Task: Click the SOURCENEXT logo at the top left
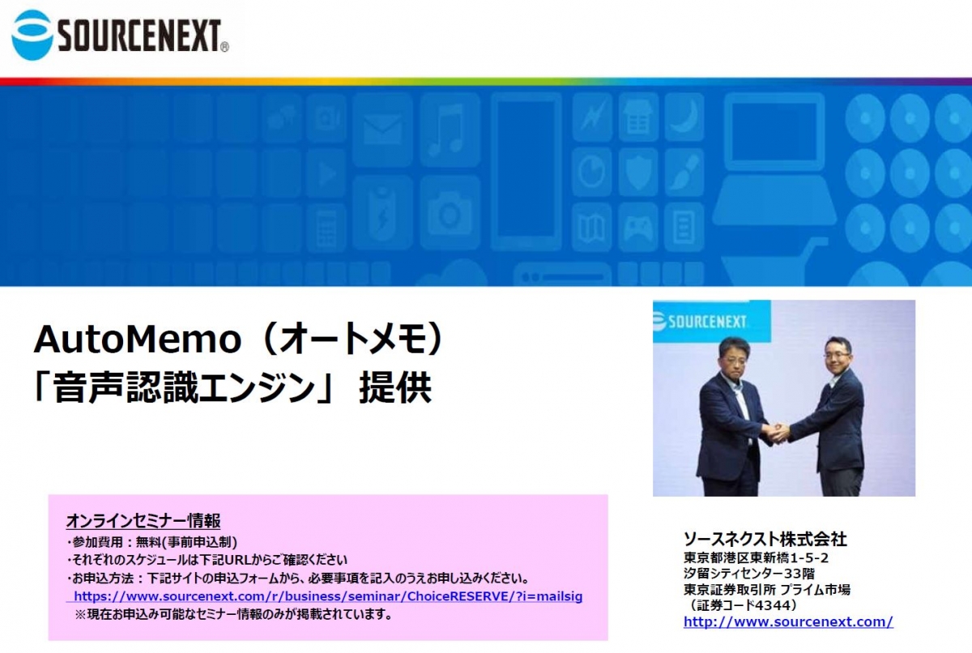pos(120,35)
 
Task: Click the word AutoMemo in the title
pos(138,339)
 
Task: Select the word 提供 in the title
pos(395,387)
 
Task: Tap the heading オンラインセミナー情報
pos(143,521)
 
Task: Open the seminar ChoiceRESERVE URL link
pos(328,596)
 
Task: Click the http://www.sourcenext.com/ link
pos(788,621)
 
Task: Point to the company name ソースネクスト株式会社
pos(765,540)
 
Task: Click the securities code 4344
pos(773,605)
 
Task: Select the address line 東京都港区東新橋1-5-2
pos(756,557)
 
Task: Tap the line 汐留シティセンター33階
pos(749,574)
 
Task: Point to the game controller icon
pos(637,228)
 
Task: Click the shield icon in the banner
pos(638,173)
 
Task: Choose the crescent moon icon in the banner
pos(685,117)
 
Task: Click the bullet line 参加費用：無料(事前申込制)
pos(152,542)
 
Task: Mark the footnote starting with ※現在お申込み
pos(233,614)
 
